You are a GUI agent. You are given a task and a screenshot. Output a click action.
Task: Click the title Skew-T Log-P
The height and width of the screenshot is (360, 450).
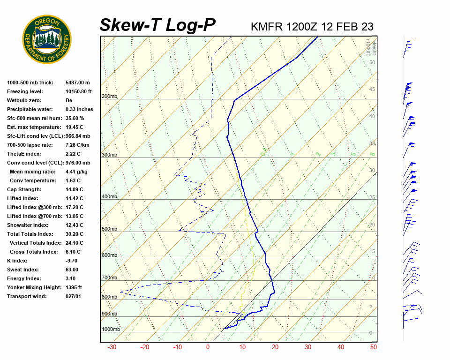pos(157,25)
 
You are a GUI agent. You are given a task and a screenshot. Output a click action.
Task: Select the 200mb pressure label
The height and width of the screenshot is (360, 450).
pos(109,96)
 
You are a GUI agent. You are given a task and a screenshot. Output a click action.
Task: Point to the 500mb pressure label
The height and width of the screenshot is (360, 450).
pos(109,229)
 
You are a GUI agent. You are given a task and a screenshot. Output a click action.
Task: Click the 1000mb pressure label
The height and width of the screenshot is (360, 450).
pos(111,329)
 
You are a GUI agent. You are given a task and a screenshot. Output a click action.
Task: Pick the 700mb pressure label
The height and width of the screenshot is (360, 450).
pos(109,277)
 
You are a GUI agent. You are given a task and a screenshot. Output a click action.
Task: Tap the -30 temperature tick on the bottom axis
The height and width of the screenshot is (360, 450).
pos(112,347)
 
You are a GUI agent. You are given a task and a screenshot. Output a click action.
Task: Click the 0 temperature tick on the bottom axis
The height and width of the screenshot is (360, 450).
pos(208,347)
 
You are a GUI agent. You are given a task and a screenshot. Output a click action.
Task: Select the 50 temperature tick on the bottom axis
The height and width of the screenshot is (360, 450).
pos(374,347)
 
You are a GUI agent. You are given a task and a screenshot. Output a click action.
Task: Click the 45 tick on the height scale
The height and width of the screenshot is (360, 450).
pos(372,90)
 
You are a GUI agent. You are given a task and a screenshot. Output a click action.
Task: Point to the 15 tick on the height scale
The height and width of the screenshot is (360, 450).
pos(372,252)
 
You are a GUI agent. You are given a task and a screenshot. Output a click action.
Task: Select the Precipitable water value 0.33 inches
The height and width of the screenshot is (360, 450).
pos(79,109)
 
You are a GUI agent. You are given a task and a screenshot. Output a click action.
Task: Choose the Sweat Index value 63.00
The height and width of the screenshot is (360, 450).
pos(72,270)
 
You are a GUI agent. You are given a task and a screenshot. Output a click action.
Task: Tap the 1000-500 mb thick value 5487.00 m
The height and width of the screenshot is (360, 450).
pos(77,82)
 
